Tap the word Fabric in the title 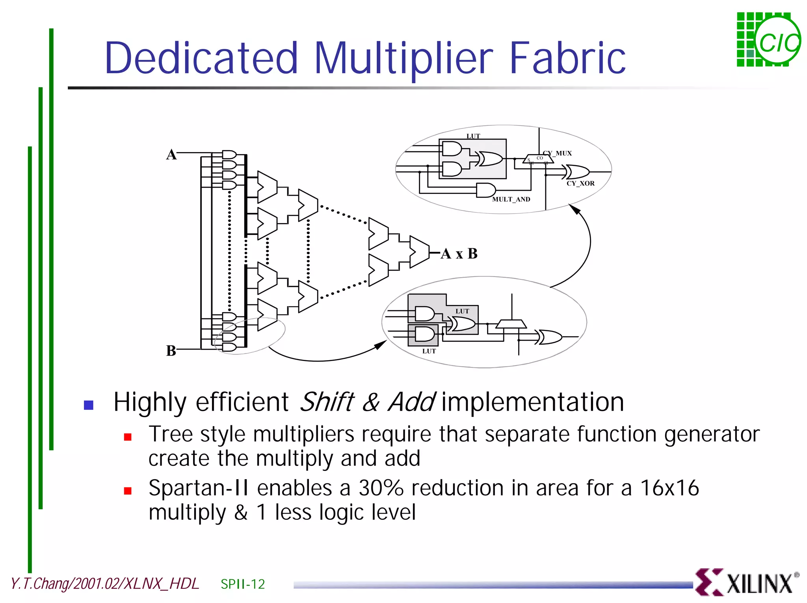567,58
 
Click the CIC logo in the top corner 768,40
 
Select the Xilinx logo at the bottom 747,582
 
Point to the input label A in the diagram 171,154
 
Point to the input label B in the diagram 171,350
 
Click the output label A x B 459,253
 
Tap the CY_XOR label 580,183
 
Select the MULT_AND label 511,199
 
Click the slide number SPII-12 243,584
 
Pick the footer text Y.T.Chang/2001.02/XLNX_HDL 105,584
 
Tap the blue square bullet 89,405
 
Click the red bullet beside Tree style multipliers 128,437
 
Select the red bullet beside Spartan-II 128,491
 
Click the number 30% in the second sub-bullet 381,488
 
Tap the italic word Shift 327,402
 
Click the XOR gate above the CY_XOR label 578,172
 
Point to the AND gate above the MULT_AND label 486,190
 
